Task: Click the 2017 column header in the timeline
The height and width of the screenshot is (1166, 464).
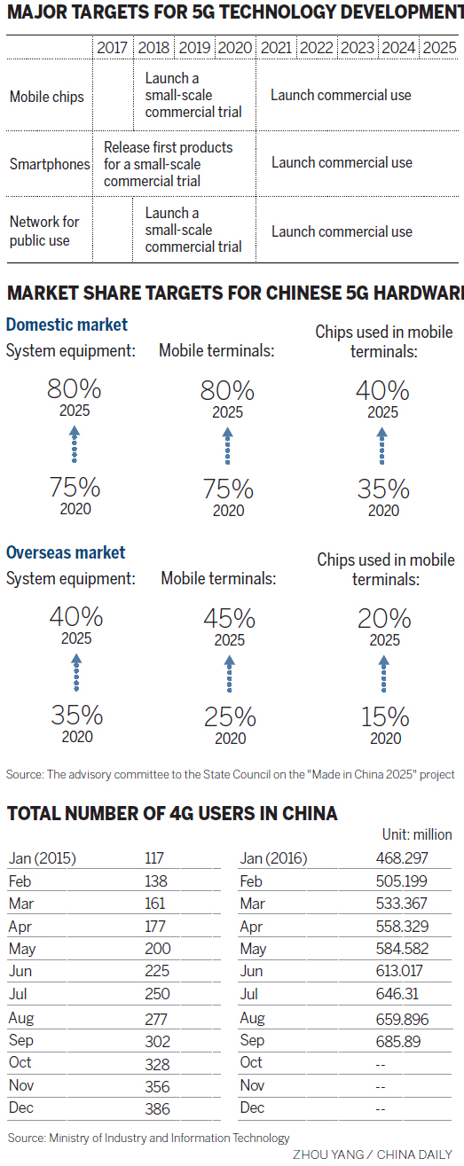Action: [x=112, y=48]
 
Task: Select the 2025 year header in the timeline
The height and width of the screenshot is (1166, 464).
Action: [x=439, y=48]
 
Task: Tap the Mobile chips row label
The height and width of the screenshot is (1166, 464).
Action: [x=47, y=97]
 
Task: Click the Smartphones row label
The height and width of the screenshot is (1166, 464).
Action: [x=50, y=164]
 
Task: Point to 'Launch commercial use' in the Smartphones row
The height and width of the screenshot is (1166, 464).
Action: [x=342, y=162]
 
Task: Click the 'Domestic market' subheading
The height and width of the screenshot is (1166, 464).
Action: [x=67, y=325]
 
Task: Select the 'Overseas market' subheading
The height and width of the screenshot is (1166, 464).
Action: [x=66, y=552]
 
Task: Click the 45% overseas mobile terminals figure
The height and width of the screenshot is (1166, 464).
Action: [x=229, y=618]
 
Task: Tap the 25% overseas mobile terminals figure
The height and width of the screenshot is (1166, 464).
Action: [x=230, y=716]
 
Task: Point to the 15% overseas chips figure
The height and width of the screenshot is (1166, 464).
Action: [x=384, y=716]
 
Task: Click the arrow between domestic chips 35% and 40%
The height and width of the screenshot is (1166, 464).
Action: [x=382, y=446]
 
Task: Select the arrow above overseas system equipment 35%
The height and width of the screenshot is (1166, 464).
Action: [x=76, y=673]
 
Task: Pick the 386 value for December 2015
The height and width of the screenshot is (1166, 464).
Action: [x=157, y=1107]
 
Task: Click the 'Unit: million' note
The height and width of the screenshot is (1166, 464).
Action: [x=415, y=834]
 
